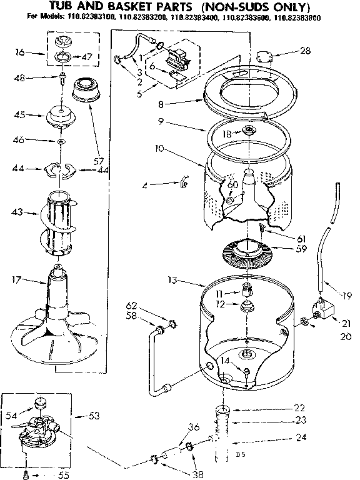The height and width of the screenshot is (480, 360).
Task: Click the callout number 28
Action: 305,51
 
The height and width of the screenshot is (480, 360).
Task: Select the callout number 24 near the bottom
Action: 301,437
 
